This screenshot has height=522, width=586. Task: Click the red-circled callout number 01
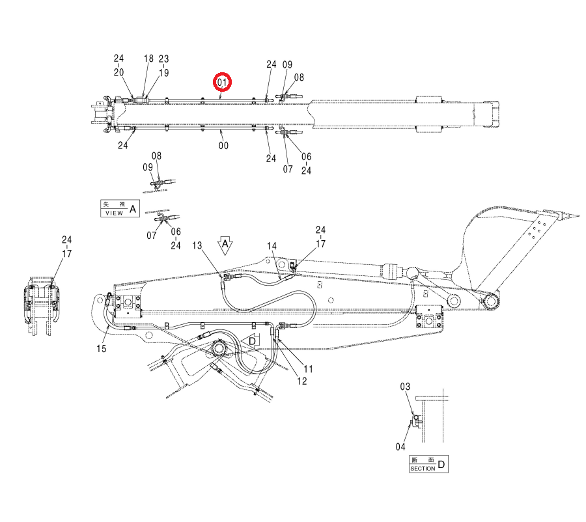coord(223,82)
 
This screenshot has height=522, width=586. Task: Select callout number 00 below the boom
coord(223,145)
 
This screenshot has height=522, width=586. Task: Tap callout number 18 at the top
coord(148,59)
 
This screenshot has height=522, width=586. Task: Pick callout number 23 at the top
coord(163,59)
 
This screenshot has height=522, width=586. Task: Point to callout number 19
coord(163,72)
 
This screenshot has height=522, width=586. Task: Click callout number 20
coord(119,72)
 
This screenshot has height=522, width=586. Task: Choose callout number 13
coord(197,245)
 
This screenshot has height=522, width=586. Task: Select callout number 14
coord(272,246)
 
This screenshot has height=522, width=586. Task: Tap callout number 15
coord(102,349)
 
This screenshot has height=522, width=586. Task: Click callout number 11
coord(308,369)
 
